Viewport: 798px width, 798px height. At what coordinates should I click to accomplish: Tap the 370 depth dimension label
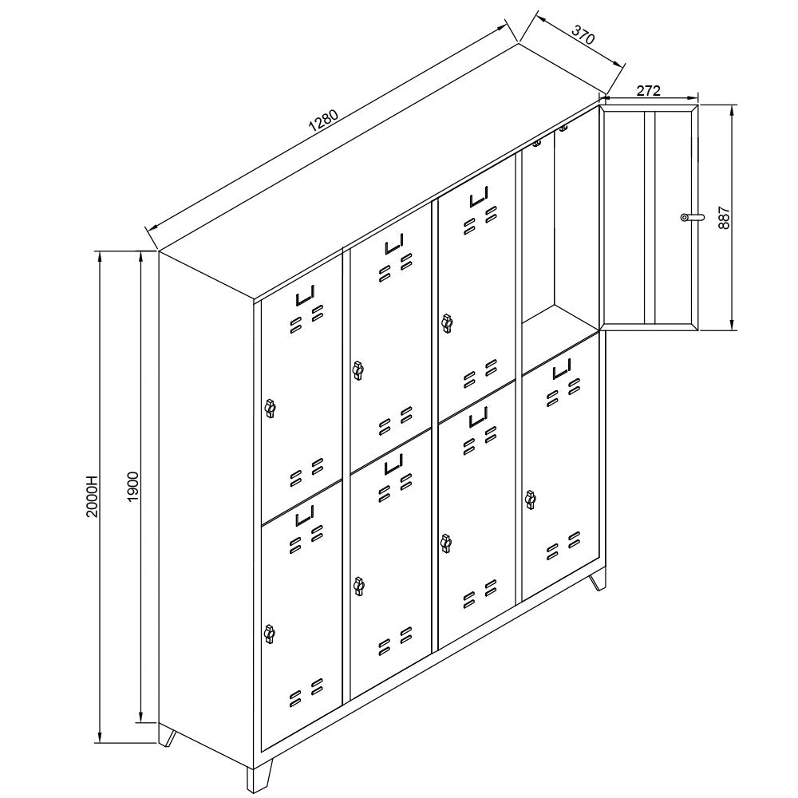coord(584,36)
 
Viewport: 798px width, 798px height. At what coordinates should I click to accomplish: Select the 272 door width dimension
coord(649,91)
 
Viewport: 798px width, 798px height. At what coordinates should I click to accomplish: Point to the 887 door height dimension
coord(724,217)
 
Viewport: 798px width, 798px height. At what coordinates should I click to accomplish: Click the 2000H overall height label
coord(92,496)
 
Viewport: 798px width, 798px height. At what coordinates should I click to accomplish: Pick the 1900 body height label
coord(132,486)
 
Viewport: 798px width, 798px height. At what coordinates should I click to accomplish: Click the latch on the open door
coord(691,217)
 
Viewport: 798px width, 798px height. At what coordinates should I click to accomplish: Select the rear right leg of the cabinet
coord(596,582)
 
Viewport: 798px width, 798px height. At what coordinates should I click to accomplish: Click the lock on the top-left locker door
coord(269,407)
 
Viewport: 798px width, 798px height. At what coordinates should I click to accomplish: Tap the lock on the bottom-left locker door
coord(269,633)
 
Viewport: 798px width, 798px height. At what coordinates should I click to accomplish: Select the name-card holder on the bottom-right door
coord(563,369)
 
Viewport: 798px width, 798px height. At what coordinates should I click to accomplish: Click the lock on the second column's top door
coord(358,369)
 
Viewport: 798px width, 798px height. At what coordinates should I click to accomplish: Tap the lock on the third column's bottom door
coord(445,543)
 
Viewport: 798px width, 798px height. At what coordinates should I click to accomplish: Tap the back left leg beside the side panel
coord(166,735)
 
